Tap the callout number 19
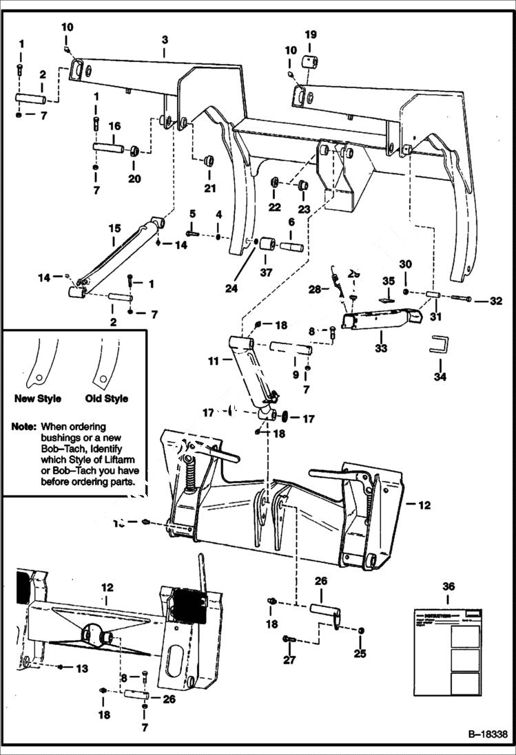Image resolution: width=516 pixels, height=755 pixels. click(311, 34)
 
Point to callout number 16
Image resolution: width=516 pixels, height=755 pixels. click(114, 126)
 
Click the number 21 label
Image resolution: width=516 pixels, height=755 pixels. click(209, 189)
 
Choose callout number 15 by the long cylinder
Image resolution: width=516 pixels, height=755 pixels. click(114, 228)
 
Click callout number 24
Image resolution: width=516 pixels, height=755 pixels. click(231, 289)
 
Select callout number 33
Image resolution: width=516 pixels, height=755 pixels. click(381, 348)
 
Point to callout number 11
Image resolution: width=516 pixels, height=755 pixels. click(213, 359)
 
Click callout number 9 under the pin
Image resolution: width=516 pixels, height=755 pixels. click(296, 374)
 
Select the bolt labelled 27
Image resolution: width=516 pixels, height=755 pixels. click(289, 640)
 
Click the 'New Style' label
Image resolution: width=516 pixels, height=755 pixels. click(37, 398)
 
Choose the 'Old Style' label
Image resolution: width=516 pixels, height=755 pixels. click(106, 398)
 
